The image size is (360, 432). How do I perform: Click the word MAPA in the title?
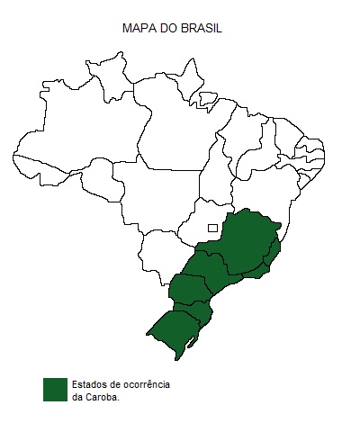point(138,29)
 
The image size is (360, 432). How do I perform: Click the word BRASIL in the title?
point(201,29)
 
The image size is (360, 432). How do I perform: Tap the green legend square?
point(56,389)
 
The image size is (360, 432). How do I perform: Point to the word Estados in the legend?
point(88,384)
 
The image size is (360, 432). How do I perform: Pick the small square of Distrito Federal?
point(212,228)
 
